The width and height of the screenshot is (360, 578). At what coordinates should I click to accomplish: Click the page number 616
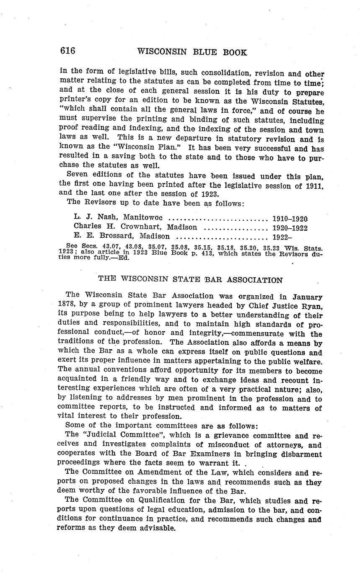click(x=67, y=51)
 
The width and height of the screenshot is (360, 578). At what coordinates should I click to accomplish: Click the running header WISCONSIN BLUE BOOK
click(x=192, y=52)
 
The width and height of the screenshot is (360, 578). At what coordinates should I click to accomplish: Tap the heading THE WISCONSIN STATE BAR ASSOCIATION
click(x=190, y=280)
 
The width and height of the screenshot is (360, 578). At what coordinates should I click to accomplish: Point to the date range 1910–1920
click(x=290, y=218)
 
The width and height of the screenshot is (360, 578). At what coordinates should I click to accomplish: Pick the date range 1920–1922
click(x=290, y=227)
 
